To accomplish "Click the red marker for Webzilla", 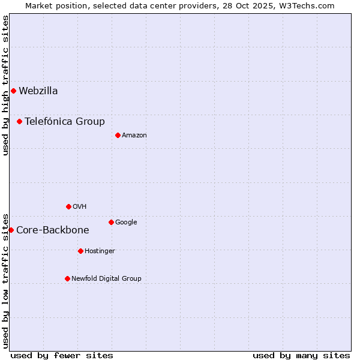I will click(13, 91).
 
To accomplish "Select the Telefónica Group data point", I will click(19, 121).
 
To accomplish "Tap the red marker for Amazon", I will click(118, 135).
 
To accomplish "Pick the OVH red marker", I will click(68, 206).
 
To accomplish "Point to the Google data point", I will click(111, 222).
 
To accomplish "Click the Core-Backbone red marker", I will click(11, 230).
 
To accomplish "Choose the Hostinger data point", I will click(80, 251).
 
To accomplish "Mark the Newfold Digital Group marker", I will click(67, 278).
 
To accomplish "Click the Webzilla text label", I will click(38, 91).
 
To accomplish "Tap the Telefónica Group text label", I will click(65, 122).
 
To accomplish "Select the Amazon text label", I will click(134, 136).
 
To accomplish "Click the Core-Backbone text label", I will click(53, 230).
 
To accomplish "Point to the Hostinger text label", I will click(100, 251).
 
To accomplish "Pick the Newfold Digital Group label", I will click(106, 278).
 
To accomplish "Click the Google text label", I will click(126, 223).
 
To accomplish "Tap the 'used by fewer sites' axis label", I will click(62, 355).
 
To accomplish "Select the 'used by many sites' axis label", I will click(301, 355).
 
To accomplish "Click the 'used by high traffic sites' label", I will click(5, 85).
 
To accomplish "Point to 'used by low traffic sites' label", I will click(5, 280).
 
